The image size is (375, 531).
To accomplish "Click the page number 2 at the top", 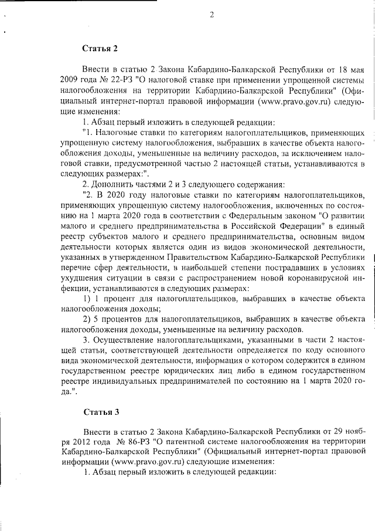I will tap(212, 16).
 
